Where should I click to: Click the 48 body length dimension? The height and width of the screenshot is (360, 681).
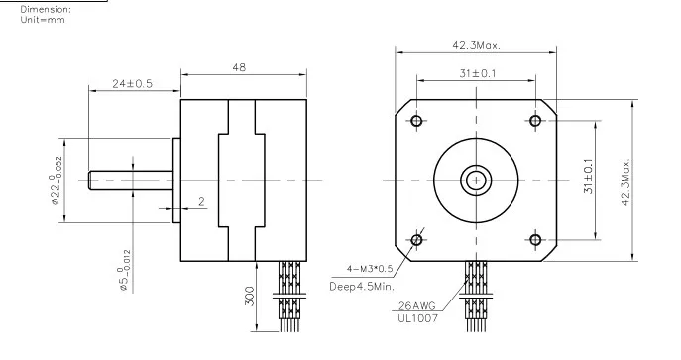click(x=239, y=67)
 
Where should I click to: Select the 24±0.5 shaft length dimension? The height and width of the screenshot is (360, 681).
click(x=133, y=84)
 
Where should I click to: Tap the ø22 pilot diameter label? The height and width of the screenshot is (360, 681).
click(x=57, y=180)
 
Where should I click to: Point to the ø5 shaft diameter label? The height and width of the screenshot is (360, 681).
click(x=124, y=270)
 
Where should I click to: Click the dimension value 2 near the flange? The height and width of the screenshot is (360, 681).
click(x=201, y=202)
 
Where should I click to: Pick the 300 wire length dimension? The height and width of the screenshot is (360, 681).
click(x=249, y=296)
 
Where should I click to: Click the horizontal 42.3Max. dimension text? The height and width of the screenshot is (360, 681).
click(x=476, y=45)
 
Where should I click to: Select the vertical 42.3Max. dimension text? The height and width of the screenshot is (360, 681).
click(x=625, y=181)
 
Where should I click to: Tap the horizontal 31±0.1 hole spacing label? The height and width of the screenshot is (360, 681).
click(x=478, y=73)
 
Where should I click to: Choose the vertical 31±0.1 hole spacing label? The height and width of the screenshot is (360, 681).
click(x=589, y=176)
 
